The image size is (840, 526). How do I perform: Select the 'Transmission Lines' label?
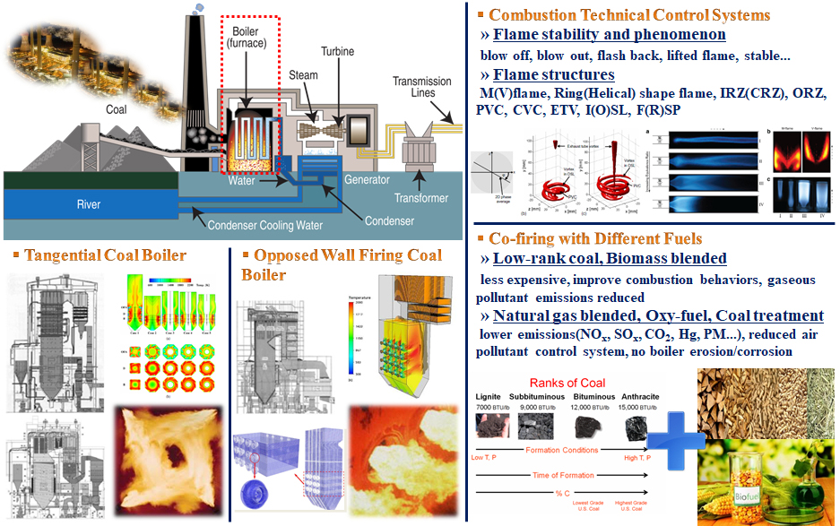coord(421,88)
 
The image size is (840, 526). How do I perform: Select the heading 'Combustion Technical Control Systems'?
coord(629,15)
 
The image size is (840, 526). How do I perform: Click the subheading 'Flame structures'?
coord(554,74)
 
